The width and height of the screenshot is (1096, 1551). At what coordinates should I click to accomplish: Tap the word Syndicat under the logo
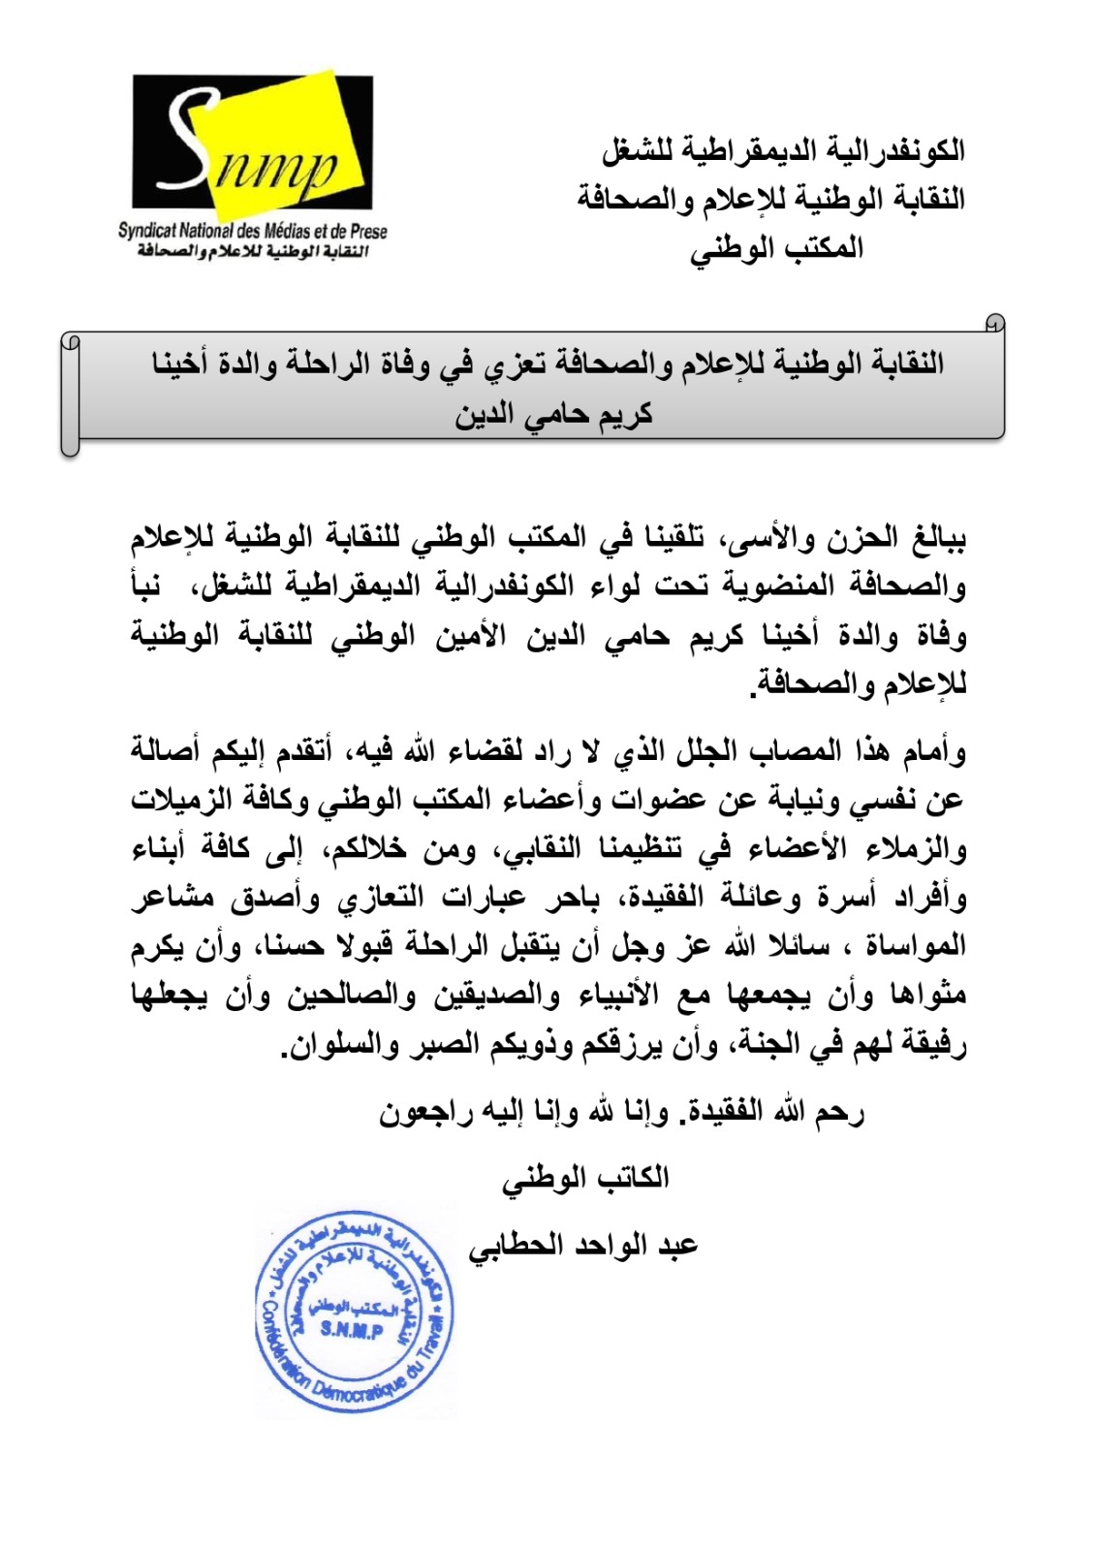148,232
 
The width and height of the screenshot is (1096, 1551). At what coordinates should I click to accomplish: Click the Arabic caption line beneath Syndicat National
254,252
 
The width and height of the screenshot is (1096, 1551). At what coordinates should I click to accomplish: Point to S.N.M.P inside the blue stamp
351,1330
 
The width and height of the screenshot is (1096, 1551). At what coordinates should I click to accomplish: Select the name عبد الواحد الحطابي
583,1245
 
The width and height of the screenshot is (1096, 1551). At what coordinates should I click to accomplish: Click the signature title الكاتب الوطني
585,1178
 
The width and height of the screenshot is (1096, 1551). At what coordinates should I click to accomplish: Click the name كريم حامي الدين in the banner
554,415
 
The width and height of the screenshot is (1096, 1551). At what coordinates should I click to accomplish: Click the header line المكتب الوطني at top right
776,248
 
